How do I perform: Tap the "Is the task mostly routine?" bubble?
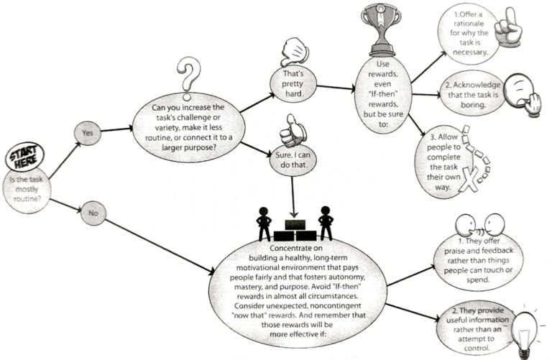(x=28, y=190)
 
